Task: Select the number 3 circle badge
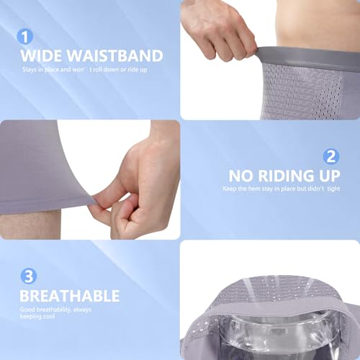click(25, 276)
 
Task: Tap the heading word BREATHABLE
click(70, 296)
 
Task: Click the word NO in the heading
click(242, 176)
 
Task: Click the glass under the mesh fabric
click(266, 338)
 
